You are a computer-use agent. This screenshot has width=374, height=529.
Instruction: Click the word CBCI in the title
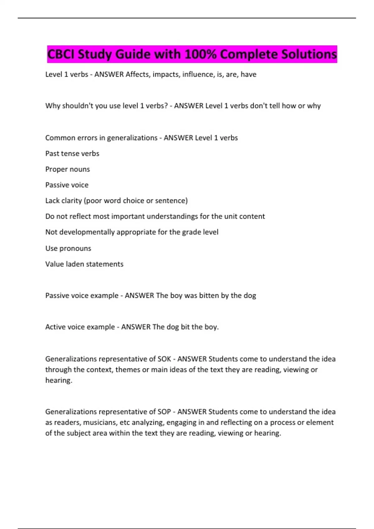pos(61,54)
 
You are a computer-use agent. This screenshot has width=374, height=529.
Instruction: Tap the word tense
pos(71,153)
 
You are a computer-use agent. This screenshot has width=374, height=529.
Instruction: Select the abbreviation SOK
pos(164,359)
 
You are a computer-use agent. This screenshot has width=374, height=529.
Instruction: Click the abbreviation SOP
pos(164,412)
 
